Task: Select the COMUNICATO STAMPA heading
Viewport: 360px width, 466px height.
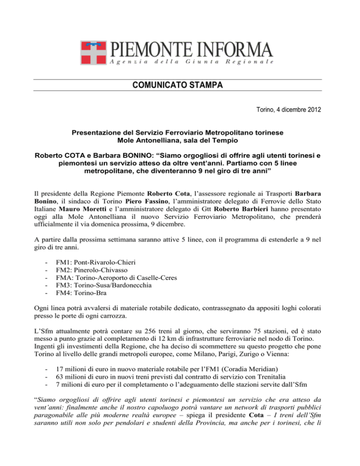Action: tap(180, 85)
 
